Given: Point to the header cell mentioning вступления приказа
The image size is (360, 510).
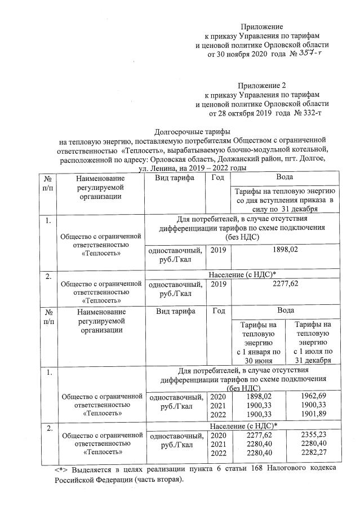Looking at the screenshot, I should pos(285,200).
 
